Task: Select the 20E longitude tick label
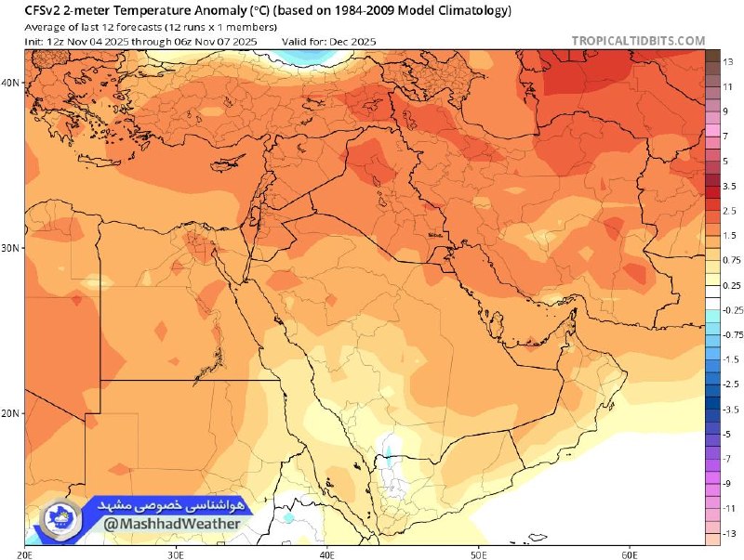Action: [25, 553]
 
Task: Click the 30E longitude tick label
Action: [176, 553]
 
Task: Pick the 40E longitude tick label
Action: [326, 553]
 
